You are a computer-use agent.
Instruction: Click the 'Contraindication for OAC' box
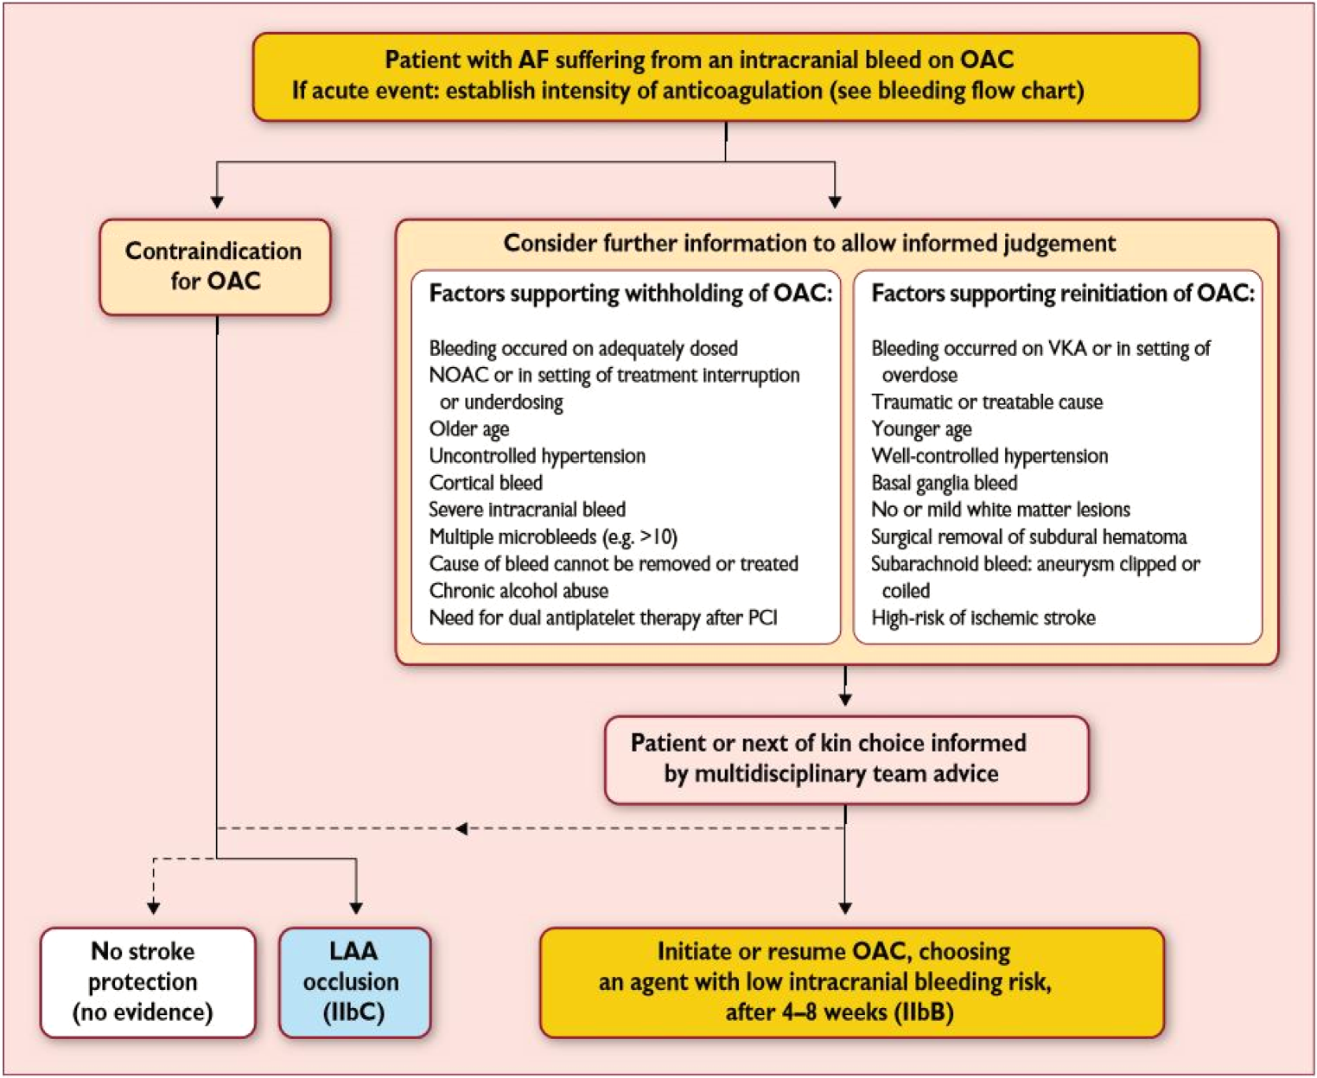point(214,266)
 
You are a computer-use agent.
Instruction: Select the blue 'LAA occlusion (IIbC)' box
point(353,981)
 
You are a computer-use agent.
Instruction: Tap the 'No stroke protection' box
point(147,981)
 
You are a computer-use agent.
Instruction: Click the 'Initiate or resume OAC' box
point(851,981)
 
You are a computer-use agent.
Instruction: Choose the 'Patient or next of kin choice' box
point(845,758)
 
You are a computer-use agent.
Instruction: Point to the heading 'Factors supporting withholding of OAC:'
point(630,294)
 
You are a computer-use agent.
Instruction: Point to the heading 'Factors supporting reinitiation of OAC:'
point(1062,294)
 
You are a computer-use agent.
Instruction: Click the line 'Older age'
point(469,429)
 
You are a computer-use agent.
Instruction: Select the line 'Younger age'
point(921,429)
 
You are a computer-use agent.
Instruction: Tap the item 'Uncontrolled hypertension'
point(537,456)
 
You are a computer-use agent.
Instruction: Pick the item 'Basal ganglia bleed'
point(944,483)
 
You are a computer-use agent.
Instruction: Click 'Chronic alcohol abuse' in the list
point(519,591)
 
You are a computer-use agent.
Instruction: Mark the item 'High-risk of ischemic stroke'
point(983,618)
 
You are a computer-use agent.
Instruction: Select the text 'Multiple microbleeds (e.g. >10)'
point(553,537)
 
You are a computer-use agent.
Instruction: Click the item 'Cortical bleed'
point(486,483)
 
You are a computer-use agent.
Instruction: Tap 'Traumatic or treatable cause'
point(986,403)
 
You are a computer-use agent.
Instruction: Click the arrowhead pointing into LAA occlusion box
point(355,908)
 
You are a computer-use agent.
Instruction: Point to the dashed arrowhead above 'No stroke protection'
point(154,908)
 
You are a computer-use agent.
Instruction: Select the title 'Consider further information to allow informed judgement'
point(809,244)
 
